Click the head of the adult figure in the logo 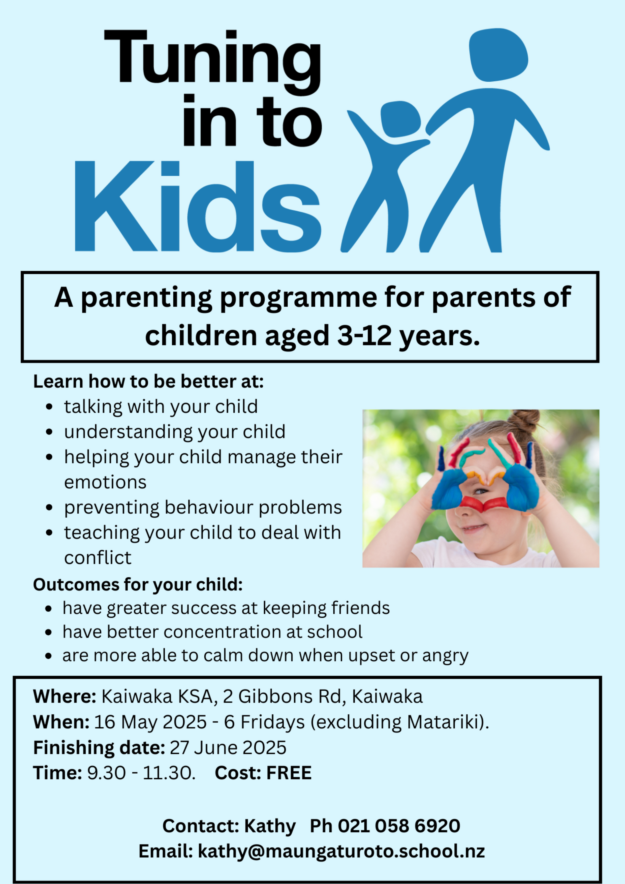[498, 55]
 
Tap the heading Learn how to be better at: [148, 381]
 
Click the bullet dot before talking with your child [49, 407]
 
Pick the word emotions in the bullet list [105, 482]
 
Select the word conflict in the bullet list [98, 557]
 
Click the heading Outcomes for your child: [138, 584]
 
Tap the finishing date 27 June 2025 [228, 748]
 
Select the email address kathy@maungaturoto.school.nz [341, 851]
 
